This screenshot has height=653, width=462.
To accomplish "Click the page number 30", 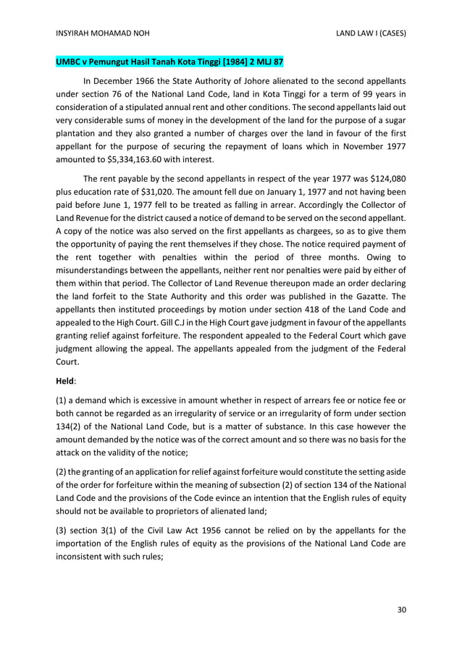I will coord(402,610).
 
